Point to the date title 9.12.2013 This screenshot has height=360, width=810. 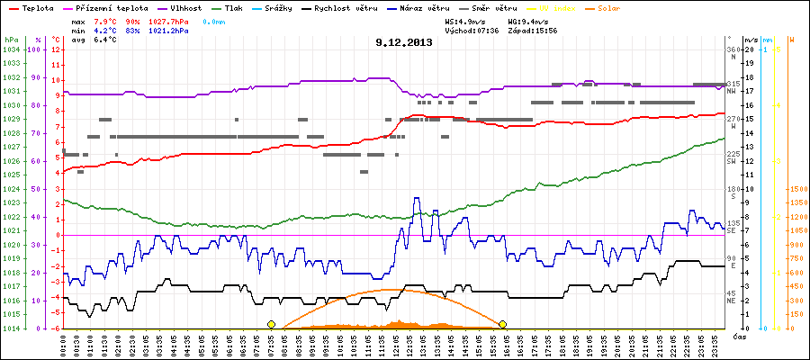(x=404, y=41)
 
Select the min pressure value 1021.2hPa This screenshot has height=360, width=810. (x=170, y=31)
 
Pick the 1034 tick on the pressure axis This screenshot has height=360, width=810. (x=11, y=49)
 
